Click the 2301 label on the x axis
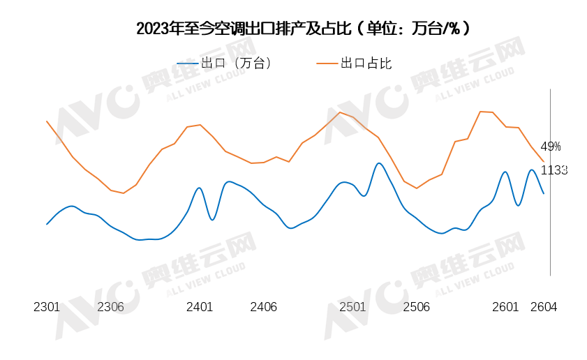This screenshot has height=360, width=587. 47,307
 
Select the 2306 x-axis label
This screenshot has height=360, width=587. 110,307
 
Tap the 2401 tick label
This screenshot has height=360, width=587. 200,307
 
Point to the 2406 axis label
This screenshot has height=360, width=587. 263,307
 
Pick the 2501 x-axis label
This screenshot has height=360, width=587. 352,307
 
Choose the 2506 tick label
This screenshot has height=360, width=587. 416,307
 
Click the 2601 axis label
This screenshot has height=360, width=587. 505,307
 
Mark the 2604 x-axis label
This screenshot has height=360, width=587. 544,307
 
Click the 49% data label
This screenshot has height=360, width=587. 551,147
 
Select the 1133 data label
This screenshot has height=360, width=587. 554,170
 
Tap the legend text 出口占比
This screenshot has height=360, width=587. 366,63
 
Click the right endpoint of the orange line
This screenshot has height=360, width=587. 544,162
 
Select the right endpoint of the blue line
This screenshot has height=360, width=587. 544,193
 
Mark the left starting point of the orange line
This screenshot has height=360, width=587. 47,121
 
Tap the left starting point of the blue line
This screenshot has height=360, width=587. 47,224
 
